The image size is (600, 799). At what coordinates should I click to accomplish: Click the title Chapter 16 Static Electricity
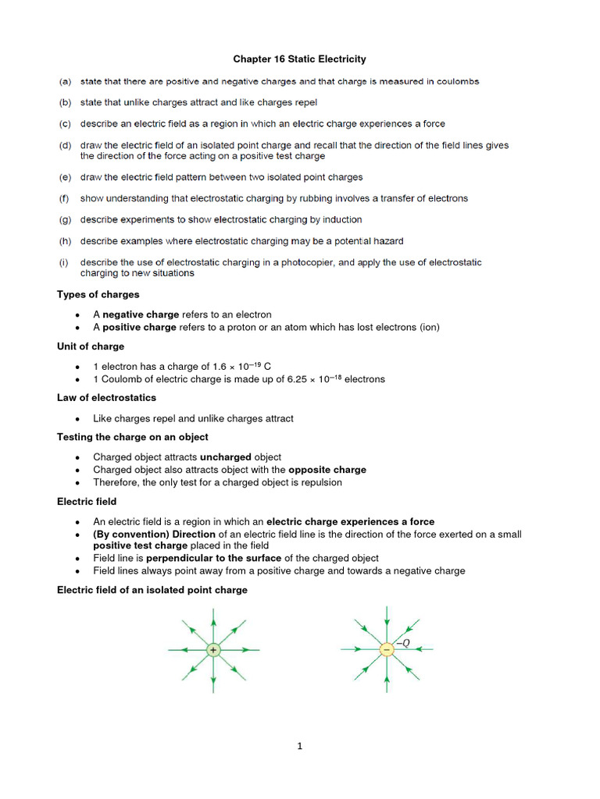[x=300, y=59]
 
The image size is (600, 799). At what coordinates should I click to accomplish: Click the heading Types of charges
[x=98, y=294]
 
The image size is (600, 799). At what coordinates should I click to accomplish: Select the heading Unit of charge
[x=91, y=346]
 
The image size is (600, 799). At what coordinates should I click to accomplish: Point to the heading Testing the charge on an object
[x=133, y=437]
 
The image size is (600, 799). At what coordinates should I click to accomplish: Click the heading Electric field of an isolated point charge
[x=152, y=590]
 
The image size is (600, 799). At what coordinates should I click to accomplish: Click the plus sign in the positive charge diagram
[x=213, y=649]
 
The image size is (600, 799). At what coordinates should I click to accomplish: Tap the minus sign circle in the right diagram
[x=387, y=649]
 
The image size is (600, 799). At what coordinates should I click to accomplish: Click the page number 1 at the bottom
[x=299, y=746]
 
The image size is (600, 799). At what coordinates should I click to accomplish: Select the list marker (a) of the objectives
[x=64, y=81]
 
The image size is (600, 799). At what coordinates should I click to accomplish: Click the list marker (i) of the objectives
[x=64, y=262]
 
